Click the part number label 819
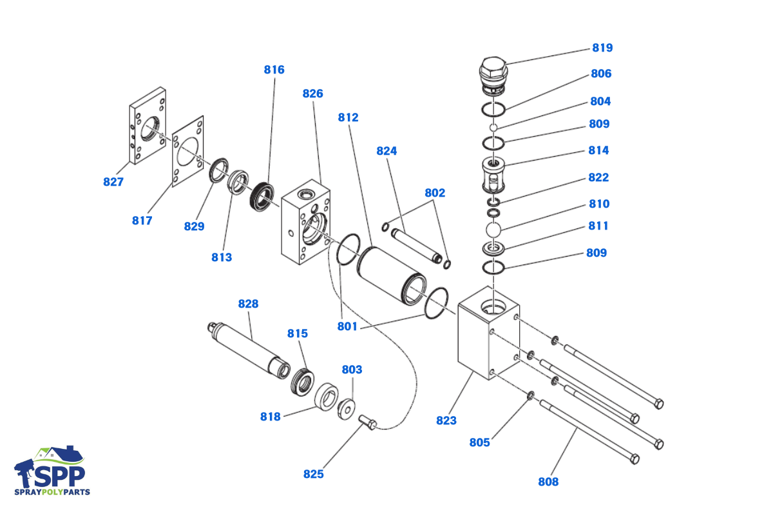coord(602,48)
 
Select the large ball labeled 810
coord(493,230)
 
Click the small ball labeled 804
coord(493,128)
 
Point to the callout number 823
coord(446,421)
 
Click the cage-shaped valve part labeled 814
coord(493,175)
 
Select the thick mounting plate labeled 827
coord(148,126)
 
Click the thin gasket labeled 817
coord(187,152)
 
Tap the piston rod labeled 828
coord(249,350)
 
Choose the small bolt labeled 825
coord(368,422)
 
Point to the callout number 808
coord(548,481)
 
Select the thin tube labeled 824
coord(417,246)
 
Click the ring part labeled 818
coord(326,397)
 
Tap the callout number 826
coord(312,94)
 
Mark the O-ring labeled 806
coord(493,109)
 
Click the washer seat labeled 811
coord(493,248)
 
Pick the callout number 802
coord(435,192)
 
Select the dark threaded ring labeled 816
coord(262,197)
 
